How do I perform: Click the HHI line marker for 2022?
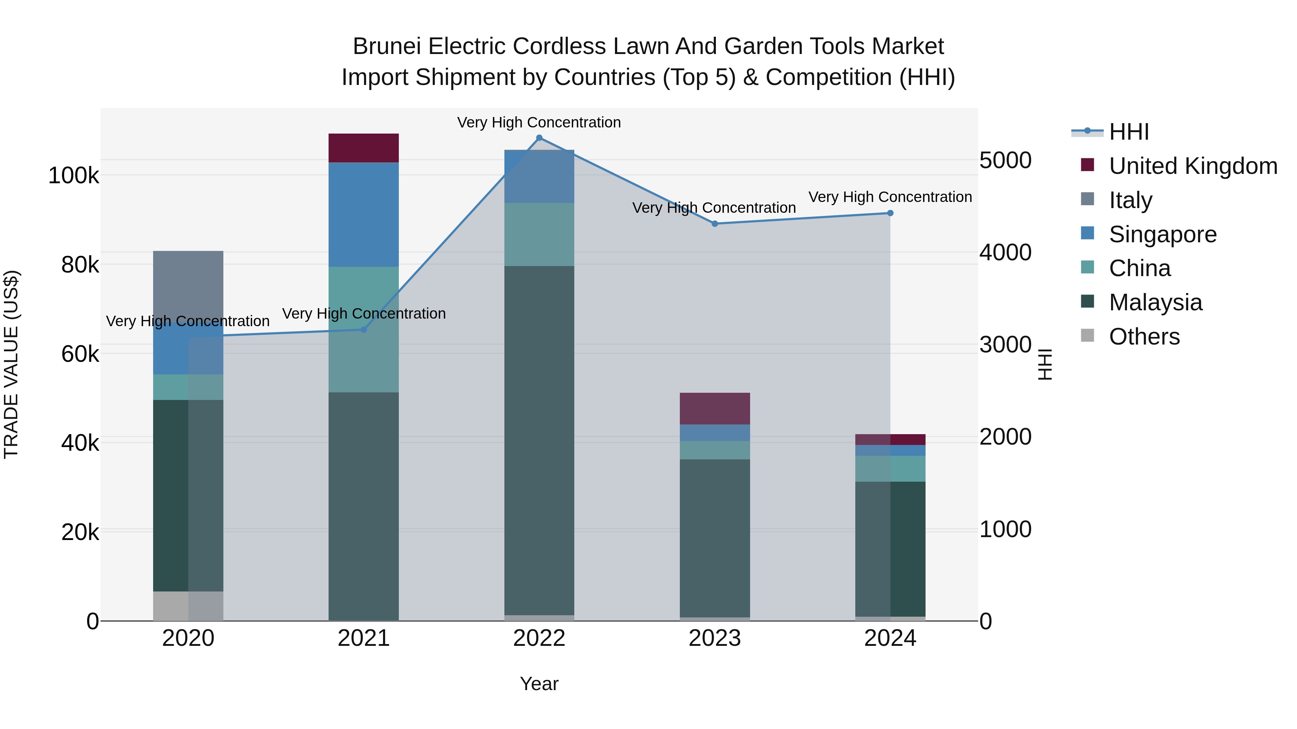(x=539, y=138)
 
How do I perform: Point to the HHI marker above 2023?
(x=714, y=224)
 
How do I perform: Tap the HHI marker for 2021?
(x=364, y=329)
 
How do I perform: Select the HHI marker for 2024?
(x=890, y=213)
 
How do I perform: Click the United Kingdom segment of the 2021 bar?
(x=364, y=148)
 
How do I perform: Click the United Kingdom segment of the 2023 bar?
(x=714, y=409)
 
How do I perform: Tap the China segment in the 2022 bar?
(x=539, y=234)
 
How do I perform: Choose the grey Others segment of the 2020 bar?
(x=188, y=606)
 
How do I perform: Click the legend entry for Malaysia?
(x=1155, y=302)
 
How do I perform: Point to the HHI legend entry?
(x=1128, y=132)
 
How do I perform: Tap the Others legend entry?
(x=1144, y=337)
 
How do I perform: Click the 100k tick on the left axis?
(x=73, y=176)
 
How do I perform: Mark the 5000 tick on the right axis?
(x=1005, y=161)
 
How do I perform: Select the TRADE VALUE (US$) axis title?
(x=11, y=364)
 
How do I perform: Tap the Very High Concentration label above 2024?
(x=890, y=197)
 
